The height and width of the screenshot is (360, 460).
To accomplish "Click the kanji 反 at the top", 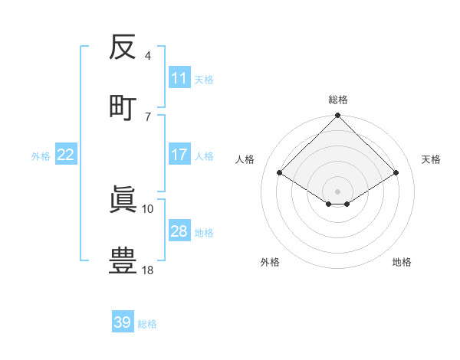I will [123, 49].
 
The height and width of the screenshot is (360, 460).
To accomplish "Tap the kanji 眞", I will [123, 201].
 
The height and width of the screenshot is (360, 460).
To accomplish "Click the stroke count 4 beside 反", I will [148, 57].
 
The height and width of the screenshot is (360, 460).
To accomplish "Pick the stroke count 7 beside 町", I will [148, 116].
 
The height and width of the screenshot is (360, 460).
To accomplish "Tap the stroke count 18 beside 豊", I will [148, 270].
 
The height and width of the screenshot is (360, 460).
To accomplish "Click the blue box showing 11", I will [179, 78].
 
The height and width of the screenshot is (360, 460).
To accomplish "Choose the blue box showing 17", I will [179, 155].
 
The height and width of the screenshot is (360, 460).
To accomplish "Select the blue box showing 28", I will [179, 231].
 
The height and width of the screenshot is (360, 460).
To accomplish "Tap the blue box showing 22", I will [66, 155].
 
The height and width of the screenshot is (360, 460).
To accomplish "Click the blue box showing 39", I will [123, 322].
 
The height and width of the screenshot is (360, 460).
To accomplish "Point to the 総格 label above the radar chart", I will [338, 100].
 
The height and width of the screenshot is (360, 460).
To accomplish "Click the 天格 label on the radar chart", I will [431, 159].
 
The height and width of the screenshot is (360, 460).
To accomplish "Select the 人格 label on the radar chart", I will [245, 159].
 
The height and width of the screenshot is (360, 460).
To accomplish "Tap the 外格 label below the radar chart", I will [270, 263].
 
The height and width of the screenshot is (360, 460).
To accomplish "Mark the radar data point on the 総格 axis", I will [338, 116].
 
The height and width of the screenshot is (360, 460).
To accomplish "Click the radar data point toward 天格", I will [396, 173].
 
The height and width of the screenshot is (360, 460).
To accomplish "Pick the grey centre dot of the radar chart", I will [338, 191].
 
